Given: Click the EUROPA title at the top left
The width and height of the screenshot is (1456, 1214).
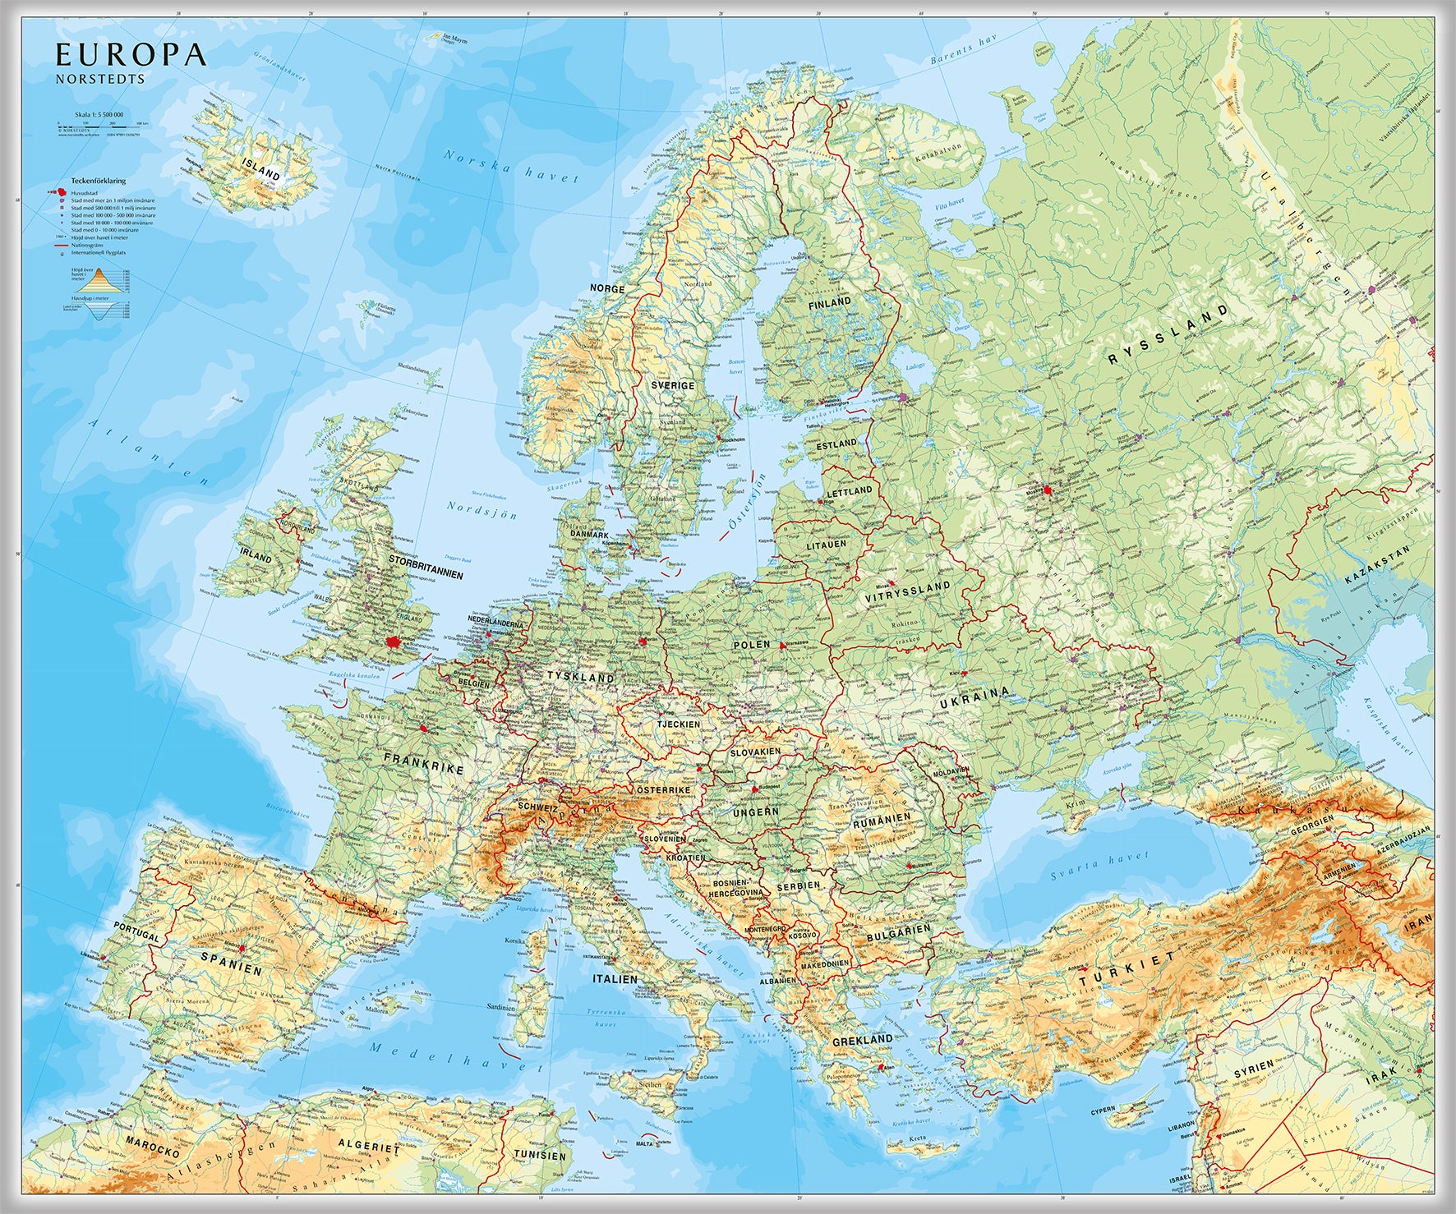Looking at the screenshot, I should click(130, 55).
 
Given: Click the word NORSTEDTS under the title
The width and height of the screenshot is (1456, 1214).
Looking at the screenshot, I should click(100, 80).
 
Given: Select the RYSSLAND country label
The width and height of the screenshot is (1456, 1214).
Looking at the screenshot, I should click(1168, 333).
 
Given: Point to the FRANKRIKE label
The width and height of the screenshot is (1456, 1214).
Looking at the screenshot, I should click(424, 764).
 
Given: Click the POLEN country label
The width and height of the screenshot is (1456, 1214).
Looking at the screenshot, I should click(752, 646).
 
